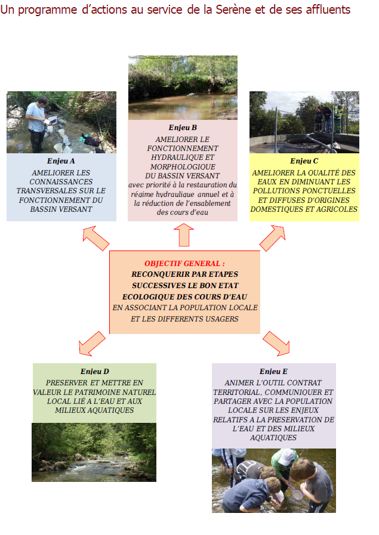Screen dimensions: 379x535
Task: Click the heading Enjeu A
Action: pyautogui.click(x=61, y=161)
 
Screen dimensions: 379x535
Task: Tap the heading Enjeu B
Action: pyautogui.click(x=183, y=128)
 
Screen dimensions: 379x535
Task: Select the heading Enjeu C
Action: pyautogui.click(x=304, y=161)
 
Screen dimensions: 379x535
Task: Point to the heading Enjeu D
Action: pyautogui.click(x=94, y=372)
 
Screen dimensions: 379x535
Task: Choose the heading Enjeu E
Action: pyautogui.click(x=273, y=372)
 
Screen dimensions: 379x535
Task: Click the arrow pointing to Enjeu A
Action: pyautogui.click(x=95, y=238)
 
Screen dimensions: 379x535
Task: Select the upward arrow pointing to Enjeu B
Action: pyautogui.click(x=184, y=235)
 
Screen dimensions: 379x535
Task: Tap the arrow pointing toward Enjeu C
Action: pyautogui.click(x=273, y=238)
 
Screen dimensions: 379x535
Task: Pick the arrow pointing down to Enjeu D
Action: pyautogui.click(x=92, y=343)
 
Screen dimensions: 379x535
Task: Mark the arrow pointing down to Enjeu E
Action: pyautogui.click(x=276, y=343)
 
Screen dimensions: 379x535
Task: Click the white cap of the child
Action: pyautogui.click(x=286, y=456)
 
